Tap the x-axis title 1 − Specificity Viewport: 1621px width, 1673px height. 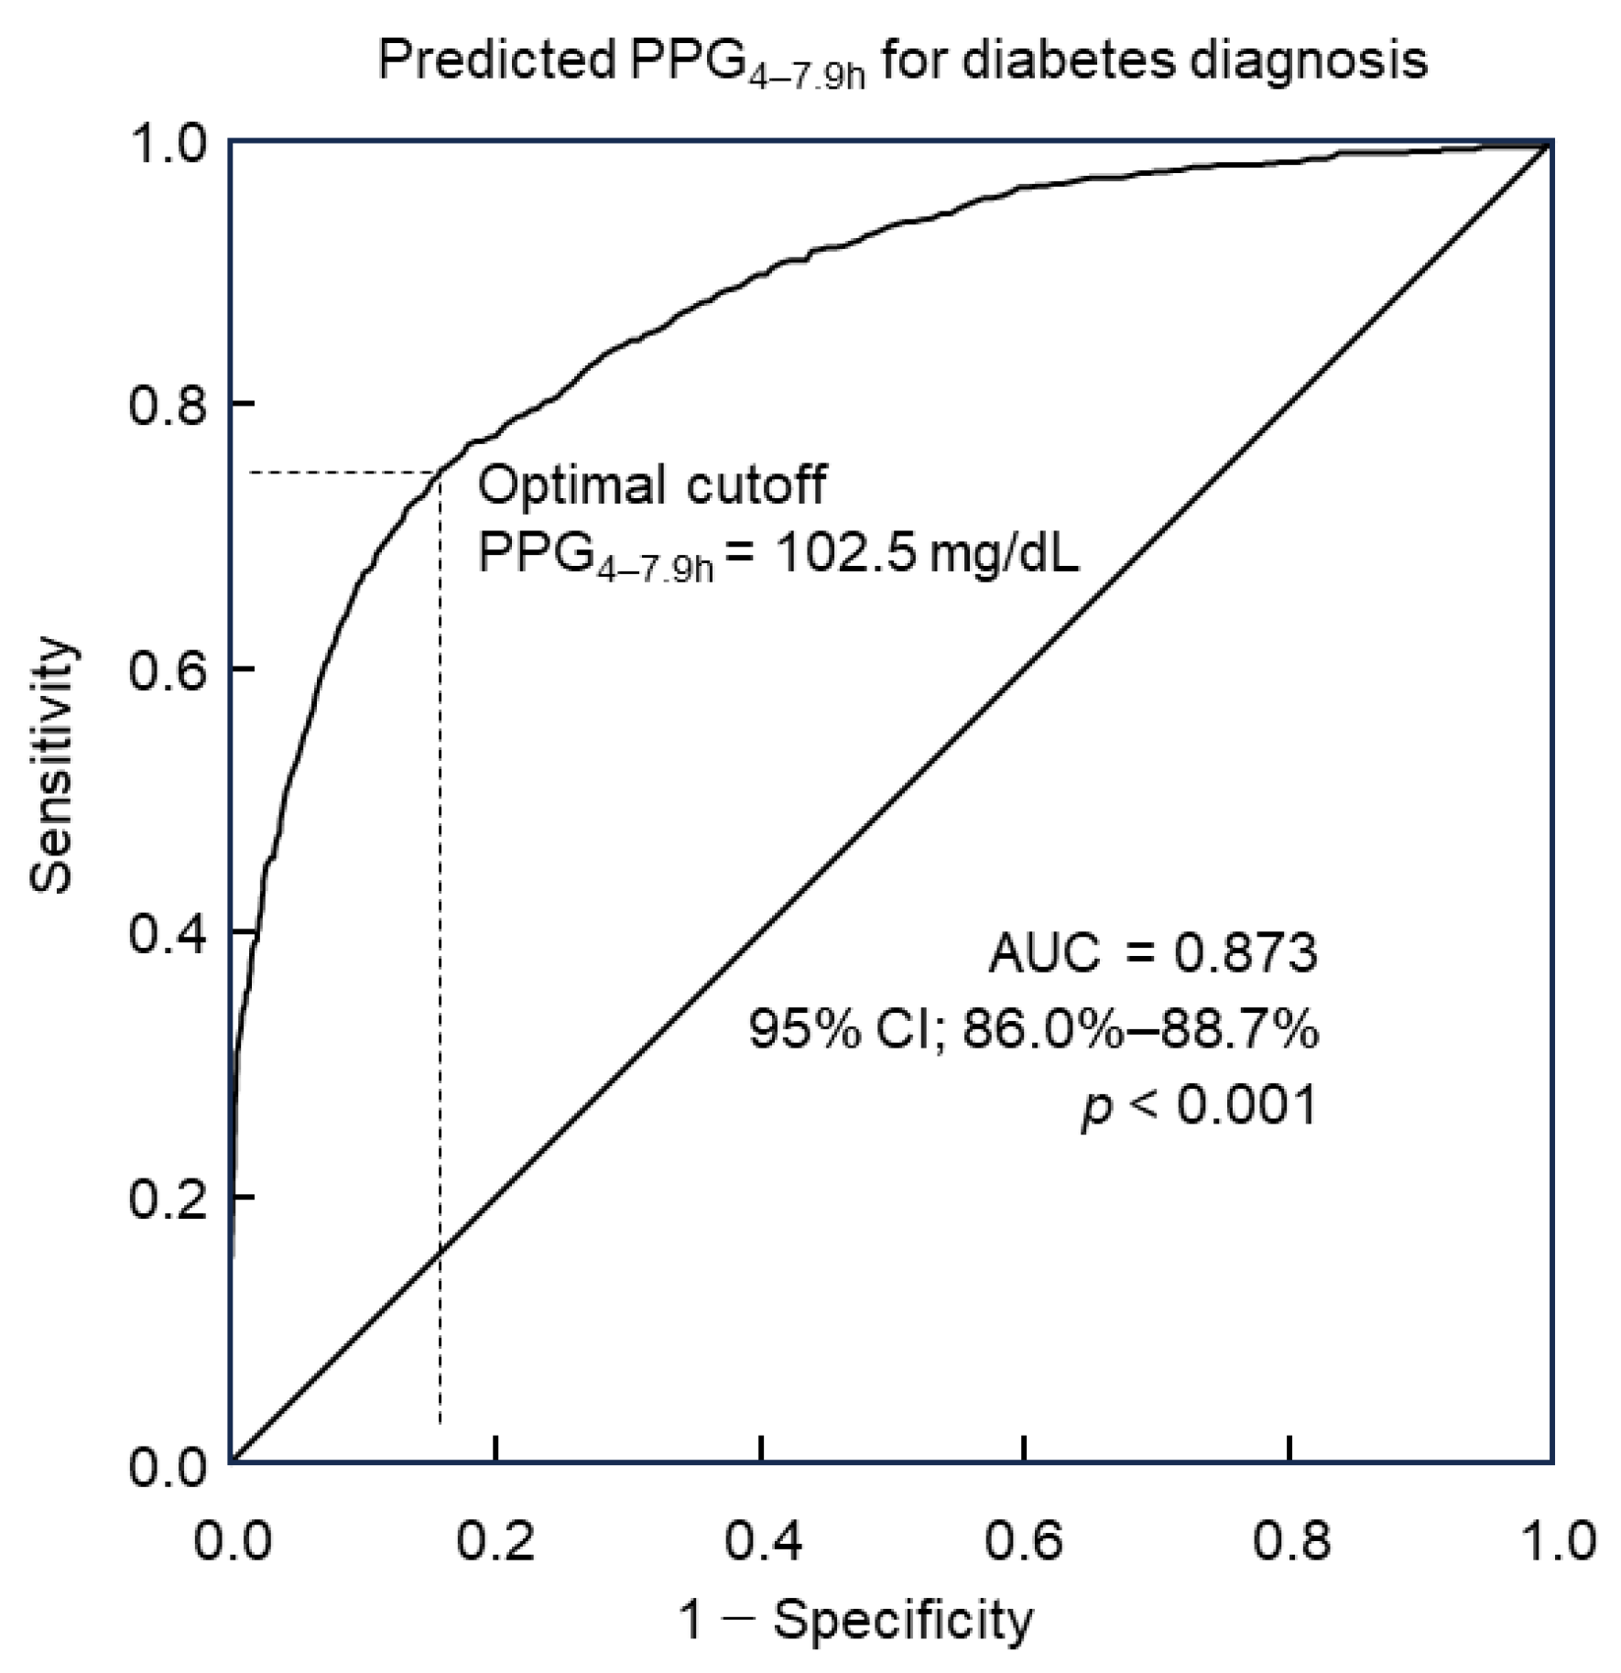coord(855,1620)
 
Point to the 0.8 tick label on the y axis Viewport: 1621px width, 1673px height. coord(165,404)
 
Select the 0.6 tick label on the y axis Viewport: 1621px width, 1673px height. coord(165,669)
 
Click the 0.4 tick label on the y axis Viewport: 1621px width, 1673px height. coord(165,933)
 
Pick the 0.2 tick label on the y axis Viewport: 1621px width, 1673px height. coord(165,1198)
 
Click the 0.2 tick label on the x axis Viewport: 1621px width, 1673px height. coord(495,1539)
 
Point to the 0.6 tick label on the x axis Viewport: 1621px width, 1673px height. coord(1024,1539)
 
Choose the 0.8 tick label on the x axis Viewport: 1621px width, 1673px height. coord(1289,1539)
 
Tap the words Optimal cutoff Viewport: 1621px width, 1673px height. coord(651,485)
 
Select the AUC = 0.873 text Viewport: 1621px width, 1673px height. coord(1152,952)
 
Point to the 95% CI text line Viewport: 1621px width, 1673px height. coord(1033,1029)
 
